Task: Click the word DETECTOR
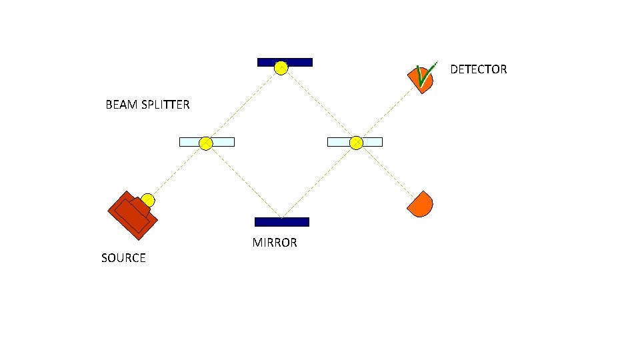[x=478, y=69]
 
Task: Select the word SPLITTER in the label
[x=165, y=105]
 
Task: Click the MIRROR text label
[x=275, y=243]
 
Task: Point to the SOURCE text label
[x=123, y=258]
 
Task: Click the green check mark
[x=423, y=74]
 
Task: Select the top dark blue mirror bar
[x=300, y=62]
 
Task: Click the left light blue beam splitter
[x=223, y=141]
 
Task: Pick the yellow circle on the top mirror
[x=282, y=67]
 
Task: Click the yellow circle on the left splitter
[x=206, y=143]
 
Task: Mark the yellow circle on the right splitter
[x=356, y=142]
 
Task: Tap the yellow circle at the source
[x=148, y=200]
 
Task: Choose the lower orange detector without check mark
[x=421, y=204]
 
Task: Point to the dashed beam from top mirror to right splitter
[x=319, y=105]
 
